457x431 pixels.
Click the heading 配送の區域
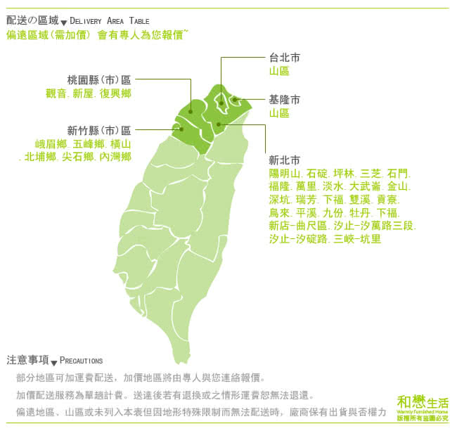[x=32, y=21]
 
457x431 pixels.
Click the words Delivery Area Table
[x=110, y=22]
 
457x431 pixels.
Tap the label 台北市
[x=284, y=57]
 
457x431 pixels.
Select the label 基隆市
[x=284, y=98]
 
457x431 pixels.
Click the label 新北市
[x=284, y=159]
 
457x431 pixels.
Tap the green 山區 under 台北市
[x=279, y=71]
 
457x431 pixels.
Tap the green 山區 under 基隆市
[x=279, y=112]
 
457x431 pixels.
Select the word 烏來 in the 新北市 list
[x=278, y=212]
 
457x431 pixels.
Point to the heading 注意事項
[x=27, y=360]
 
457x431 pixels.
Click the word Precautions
[x=81, y=361]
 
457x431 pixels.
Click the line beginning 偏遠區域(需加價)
[x=96, y=34]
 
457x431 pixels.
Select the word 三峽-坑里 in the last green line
[x=358, y=239]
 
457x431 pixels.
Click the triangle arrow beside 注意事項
[x=54, y=361]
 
